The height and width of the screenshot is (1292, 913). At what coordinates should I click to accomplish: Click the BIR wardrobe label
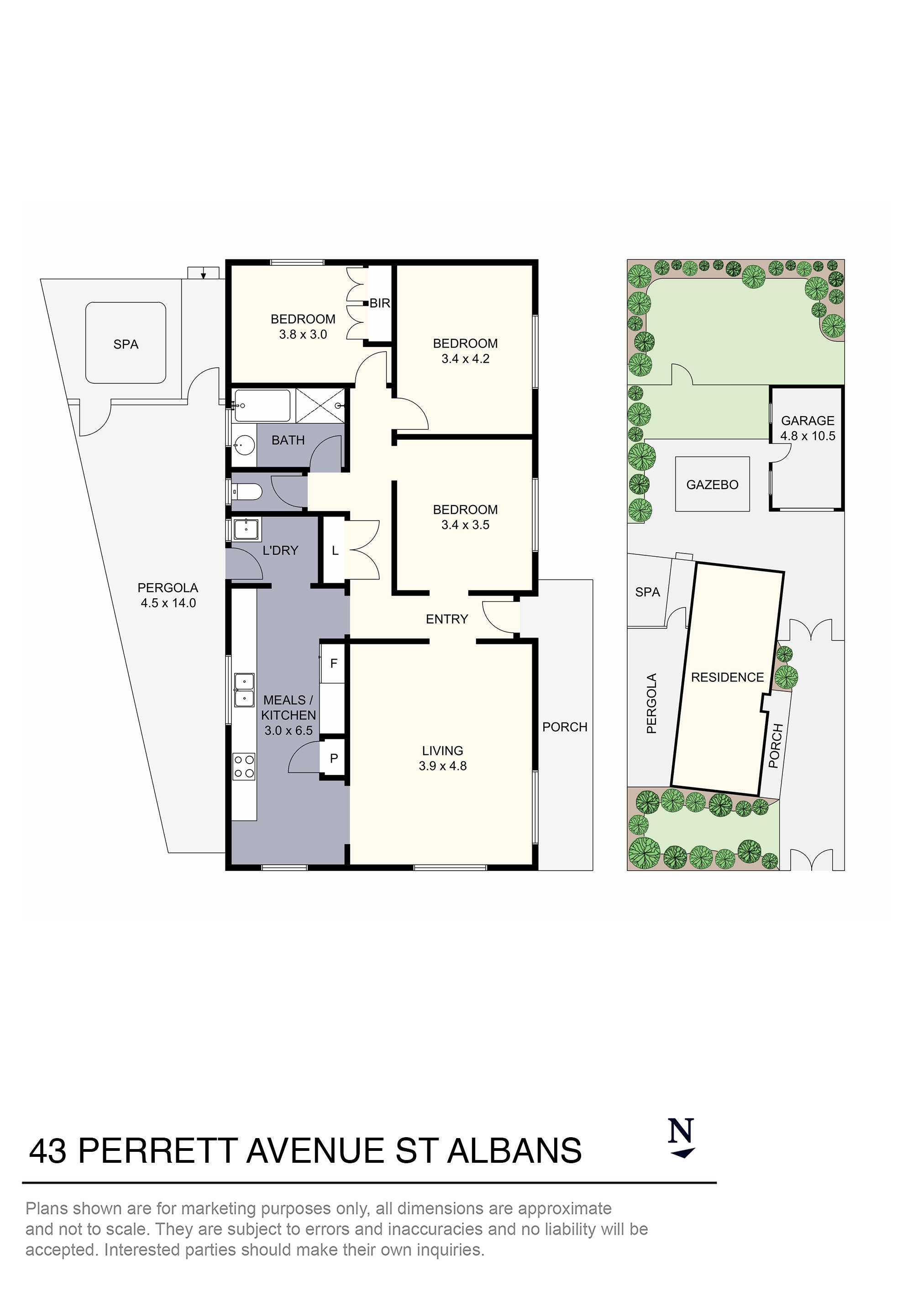click(x=380, y=303)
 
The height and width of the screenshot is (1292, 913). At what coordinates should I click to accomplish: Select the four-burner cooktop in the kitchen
click(x=244, y=767)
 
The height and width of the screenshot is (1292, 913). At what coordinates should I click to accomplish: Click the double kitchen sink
click(x=244, y=690)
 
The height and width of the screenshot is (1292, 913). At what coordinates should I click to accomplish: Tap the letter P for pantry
click(x=334, y=759)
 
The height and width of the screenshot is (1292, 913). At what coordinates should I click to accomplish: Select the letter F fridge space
click(x=334, y=664)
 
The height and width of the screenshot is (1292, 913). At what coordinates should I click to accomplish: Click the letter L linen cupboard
click(x=335, y=551)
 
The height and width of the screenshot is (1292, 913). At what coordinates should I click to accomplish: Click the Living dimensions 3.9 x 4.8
click(x=443, y=766)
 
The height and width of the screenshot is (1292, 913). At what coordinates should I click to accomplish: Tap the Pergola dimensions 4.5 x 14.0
click(x=168, y=603)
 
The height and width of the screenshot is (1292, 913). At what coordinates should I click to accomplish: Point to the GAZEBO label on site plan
click(x=712, y=485)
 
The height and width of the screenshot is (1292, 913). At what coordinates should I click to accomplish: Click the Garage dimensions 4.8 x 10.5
click(x=808, y=436)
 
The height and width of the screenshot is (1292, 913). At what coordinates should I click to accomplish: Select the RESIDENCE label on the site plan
click(x=727, y=678)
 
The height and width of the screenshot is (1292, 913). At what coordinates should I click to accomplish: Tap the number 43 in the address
click(x=48, y=1151)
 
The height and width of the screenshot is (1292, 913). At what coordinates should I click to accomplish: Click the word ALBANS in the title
click(x=514, y=1151)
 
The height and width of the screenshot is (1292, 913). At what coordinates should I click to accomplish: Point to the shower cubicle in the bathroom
click(x=320, y=405)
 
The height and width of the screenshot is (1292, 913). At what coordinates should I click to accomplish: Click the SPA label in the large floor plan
click(x=126, y=344)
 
